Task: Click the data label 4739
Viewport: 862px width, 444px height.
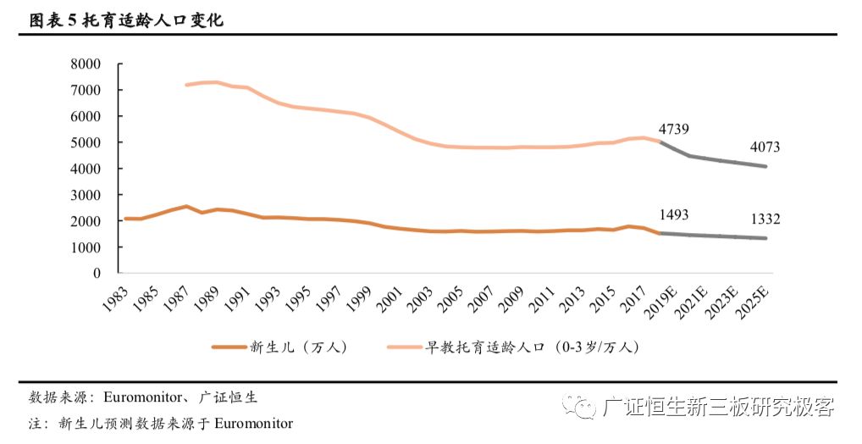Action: pyautogui.click(x=672, y=129)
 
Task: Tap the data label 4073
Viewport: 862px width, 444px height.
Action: pyautogui.click(x=764, y=147)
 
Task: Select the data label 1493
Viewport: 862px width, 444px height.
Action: pyautogui.click(x=672, y=215)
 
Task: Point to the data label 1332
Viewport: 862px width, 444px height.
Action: pyautogui.click(x=764, y=219)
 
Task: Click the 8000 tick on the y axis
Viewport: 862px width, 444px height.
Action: pyautogui.click(x=86, y=64)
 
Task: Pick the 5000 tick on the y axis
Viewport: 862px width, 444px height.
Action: pyautogui.click(x=86, y=142)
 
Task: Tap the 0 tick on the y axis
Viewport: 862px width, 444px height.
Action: pyautogui.click(x=97, y=274)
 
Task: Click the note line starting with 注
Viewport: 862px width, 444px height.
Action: pyautogui.click(x=160, y=423)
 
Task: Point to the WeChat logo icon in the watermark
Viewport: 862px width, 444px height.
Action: pyautogui.click(x=583, y=406)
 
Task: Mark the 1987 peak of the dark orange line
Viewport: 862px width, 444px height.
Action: pyautogui.click(x=186, y=206)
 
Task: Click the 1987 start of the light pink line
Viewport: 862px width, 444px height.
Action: pyautogui.click(x=186, y=85)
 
